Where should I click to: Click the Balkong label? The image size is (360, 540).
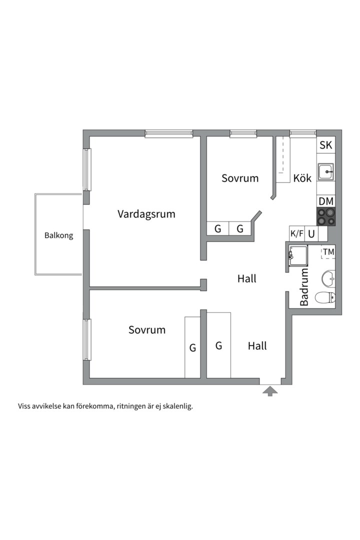point(58,235)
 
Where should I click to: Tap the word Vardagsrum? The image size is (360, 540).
point(146,214)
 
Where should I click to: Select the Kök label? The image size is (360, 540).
point(302,178)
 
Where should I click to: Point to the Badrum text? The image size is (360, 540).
point(304,287)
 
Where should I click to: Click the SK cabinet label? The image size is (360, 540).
point(325,146)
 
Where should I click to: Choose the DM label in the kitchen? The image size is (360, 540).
point(326,201)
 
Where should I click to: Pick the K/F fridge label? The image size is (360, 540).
point(297,233)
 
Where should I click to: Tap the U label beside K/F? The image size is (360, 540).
point(311,233)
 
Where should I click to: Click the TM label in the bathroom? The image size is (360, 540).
point(328,252)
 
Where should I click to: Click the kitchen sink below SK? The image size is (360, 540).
point(326,172)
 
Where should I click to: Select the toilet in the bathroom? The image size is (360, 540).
point(325,298)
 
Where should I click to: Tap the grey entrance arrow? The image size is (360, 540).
point(270,390)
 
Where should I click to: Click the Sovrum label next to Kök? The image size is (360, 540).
point(240,178)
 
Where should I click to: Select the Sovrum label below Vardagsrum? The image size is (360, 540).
point(147,330)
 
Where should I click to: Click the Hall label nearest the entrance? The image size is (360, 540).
point(257,345)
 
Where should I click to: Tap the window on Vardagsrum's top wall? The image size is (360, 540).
point(169,133)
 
